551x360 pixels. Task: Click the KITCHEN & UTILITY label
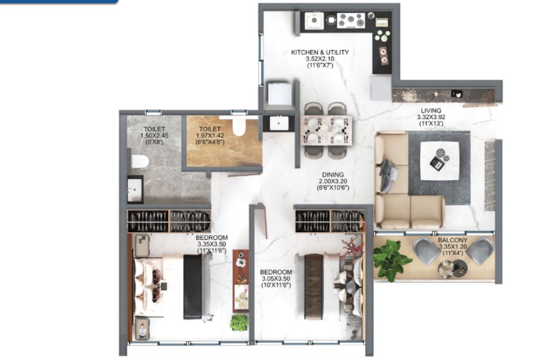click(x=320, y=52)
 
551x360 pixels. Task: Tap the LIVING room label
click(x=431, y=111)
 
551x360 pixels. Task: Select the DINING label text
click(x=333, y=175)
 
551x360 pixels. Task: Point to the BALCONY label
click(x=453, y=240)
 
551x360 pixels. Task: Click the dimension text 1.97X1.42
click(x=210, y=136)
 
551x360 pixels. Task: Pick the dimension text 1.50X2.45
click(x=154, y=136)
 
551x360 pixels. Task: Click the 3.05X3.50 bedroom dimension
click(x=276, y=279)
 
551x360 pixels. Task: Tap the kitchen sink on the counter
click(x=314, y=20)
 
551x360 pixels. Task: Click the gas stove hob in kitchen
click(x=351, y=20)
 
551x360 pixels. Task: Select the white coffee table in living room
click(x=440, y=161)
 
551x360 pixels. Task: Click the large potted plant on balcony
click(x=390, y=259)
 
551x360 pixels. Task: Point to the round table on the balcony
click(x=453, y=269)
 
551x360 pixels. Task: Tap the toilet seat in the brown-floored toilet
click(x=238, y=127)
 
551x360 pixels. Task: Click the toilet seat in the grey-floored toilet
click(x=139, y=162)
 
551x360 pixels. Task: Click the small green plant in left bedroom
click(x=239, y=323)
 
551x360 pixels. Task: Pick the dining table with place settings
click(x=326, y=130)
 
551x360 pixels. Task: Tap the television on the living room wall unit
click(x=457, y=94)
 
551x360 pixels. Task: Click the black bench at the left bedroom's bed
click(x=192, y=286)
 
